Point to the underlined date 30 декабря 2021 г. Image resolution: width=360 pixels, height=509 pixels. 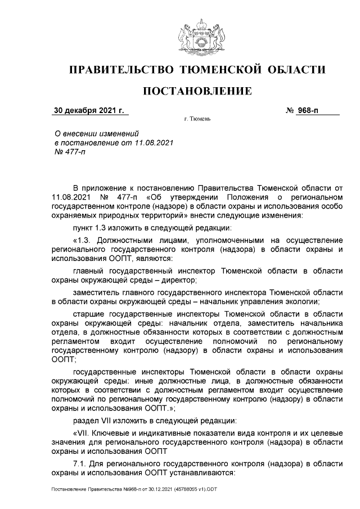point(89,110)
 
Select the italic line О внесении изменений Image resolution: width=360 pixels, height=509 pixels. point(95,133)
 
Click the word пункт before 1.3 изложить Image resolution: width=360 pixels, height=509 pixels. point(84,227)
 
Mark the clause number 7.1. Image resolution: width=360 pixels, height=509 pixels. point(80,463)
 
